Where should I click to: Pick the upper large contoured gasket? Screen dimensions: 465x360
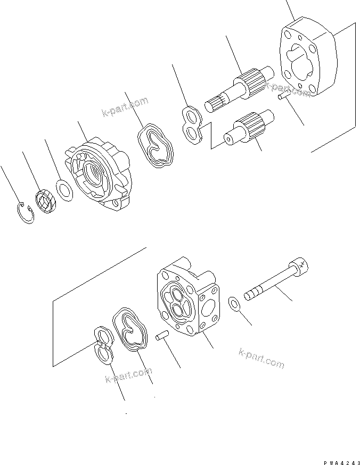(x=155, y=146)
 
